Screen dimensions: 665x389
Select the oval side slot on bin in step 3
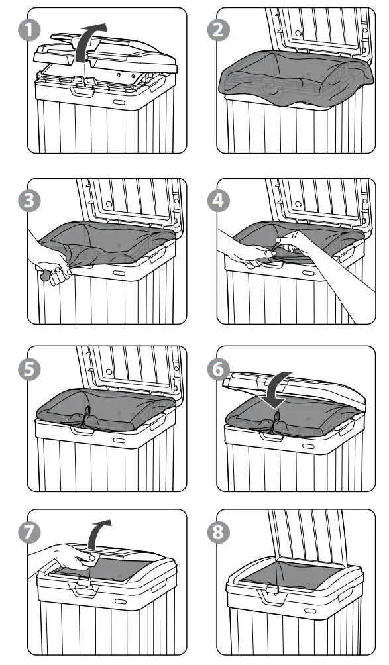121,272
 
